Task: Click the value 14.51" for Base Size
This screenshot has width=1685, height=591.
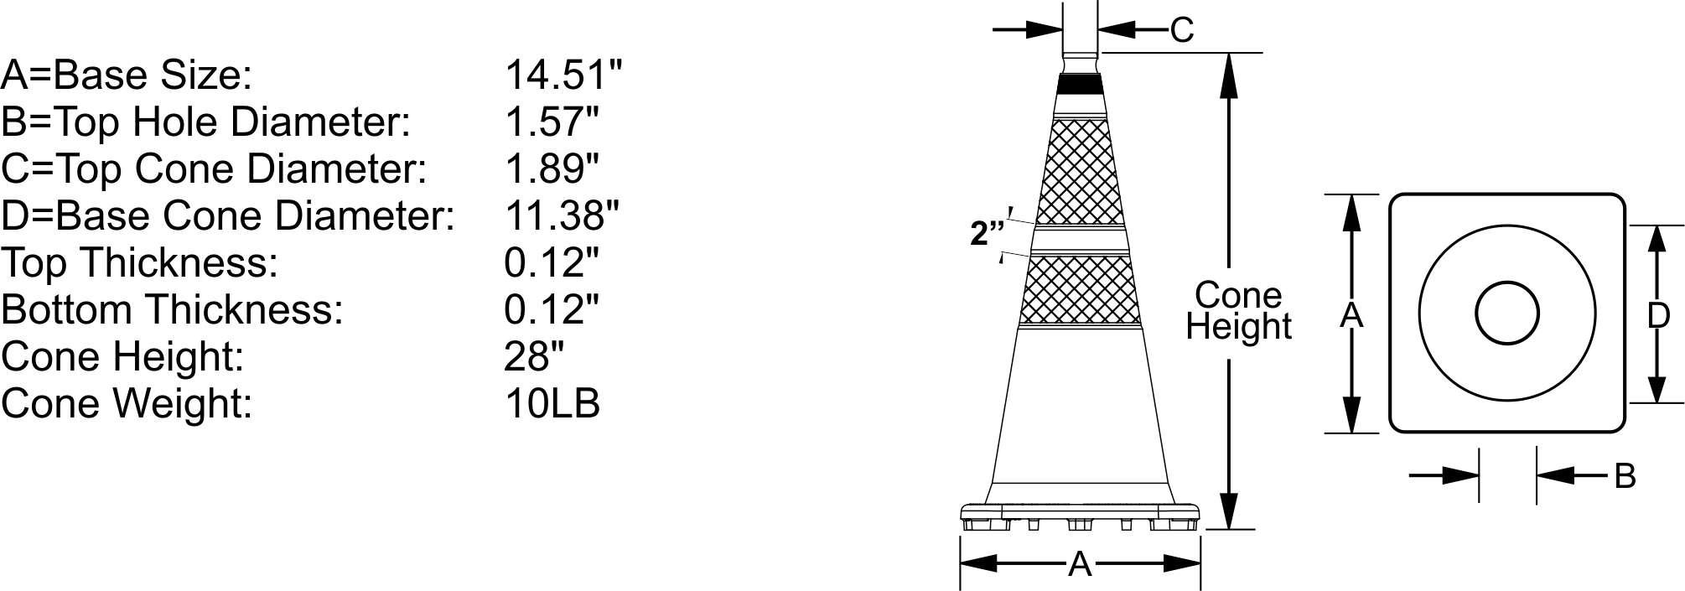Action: click(563, 75)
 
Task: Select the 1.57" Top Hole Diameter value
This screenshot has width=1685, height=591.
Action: click(552, 122)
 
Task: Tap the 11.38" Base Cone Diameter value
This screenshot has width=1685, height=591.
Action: click(561, 216)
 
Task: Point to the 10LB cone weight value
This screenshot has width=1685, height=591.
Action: click(552, 403)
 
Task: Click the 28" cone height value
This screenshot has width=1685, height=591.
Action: click(533, 357)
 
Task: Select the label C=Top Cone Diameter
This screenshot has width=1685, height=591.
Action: click(214, 169)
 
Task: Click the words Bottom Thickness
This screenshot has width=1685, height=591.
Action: click(172, 310)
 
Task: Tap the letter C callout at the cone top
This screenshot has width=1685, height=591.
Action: click(1181, 30)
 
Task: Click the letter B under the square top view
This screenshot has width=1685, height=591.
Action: click(1625, 476)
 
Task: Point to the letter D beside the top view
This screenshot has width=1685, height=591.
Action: click(1658, 316)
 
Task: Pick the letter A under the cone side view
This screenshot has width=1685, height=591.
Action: click(1080, 565)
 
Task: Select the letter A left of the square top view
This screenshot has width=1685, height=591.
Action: click(1351, 316)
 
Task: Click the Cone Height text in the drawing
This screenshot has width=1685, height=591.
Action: click(1238, 311)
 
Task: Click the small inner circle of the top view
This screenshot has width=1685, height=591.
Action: click(1506, 314)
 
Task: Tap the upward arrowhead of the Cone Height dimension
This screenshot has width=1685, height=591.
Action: click(1229, 75)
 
